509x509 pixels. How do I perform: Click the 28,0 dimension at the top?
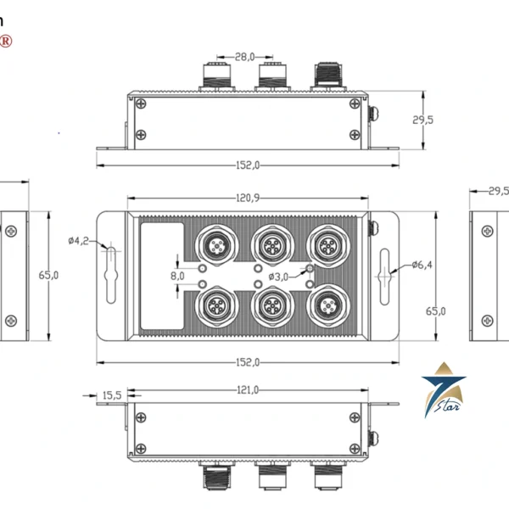pos(244,57)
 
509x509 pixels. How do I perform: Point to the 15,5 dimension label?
pos(111,395)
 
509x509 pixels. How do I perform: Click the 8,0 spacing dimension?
pos(177,276)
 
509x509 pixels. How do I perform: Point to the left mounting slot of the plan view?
pos(111,272)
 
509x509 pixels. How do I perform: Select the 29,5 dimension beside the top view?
pos(423,120)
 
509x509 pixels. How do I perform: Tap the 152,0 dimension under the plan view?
pos(247,362)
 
